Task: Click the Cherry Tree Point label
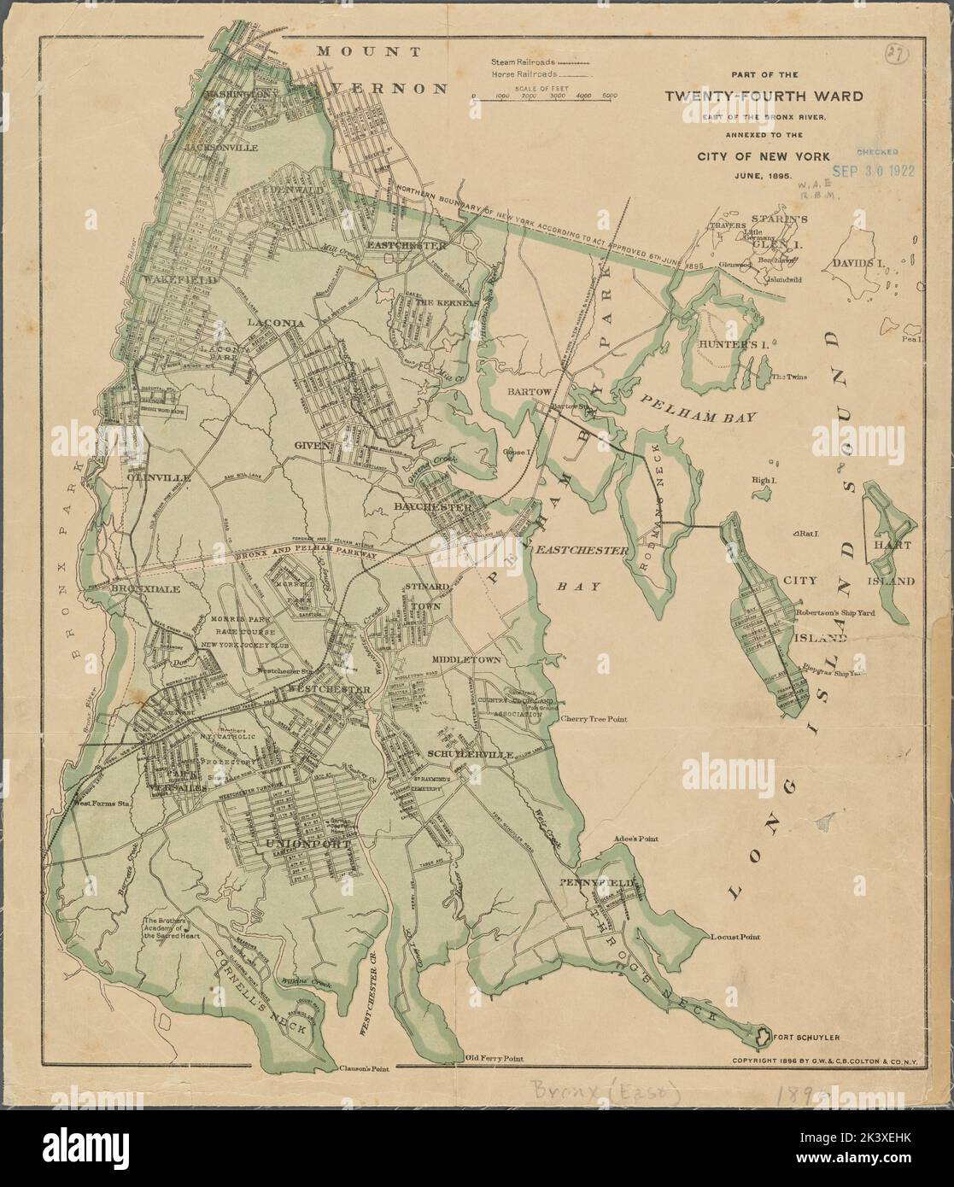[594, 719]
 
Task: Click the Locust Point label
[735, 937]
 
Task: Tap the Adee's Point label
[636, 839]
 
